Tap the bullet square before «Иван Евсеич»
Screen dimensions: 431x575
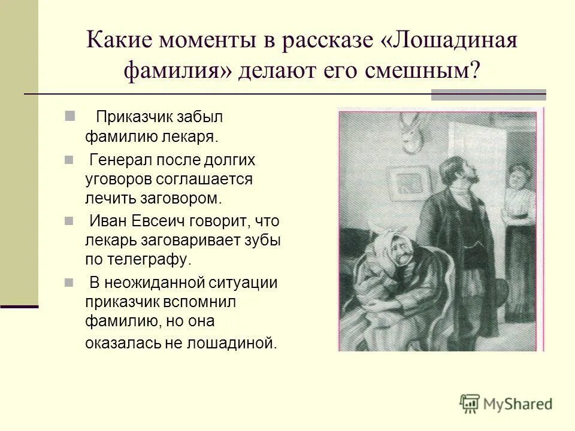(69, 220)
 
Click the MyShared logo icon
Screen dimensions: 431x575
(470, 403)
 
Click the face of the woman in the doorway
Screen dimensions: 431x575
(516, 179)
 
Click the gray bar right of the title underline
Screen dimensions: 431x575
(488, 95)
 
